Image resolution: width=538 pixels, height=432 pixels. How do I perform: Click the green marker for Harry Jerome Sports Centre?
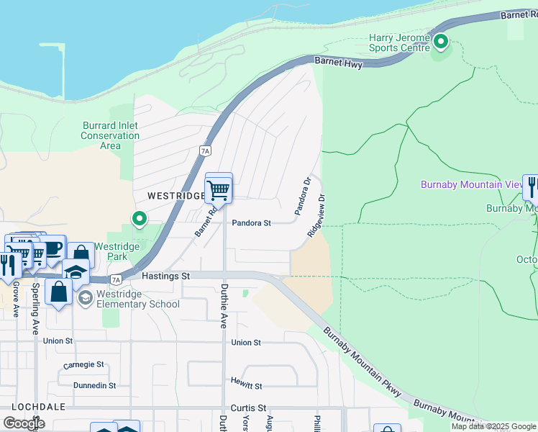click(x=440, y=42)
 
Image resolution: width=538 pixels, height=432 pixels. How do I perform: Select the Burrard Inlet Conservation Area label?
click(x=110, y=135)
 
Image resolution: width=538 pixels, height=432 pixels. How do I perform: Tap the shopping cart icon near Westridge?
click(x=218, y=190)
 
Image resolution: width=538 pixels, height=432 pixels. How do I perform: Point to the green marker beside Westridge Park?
click(x=139, y=218)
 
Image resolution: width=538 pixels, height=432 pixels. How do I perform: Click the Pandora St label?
click(x=251, y=223)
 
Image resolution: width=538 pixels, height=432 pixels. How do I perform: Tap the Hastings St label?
click(x=165, y=276)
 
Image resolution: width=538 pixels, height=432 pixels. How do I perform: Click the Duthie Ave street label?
click(x=224, y=305)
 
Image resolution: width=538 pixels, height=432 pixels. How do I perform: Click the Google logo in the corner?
click(x=24, y=423)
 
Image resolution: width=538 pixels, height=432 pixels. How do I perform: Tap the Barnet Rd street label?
click(x=205, y=222)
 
